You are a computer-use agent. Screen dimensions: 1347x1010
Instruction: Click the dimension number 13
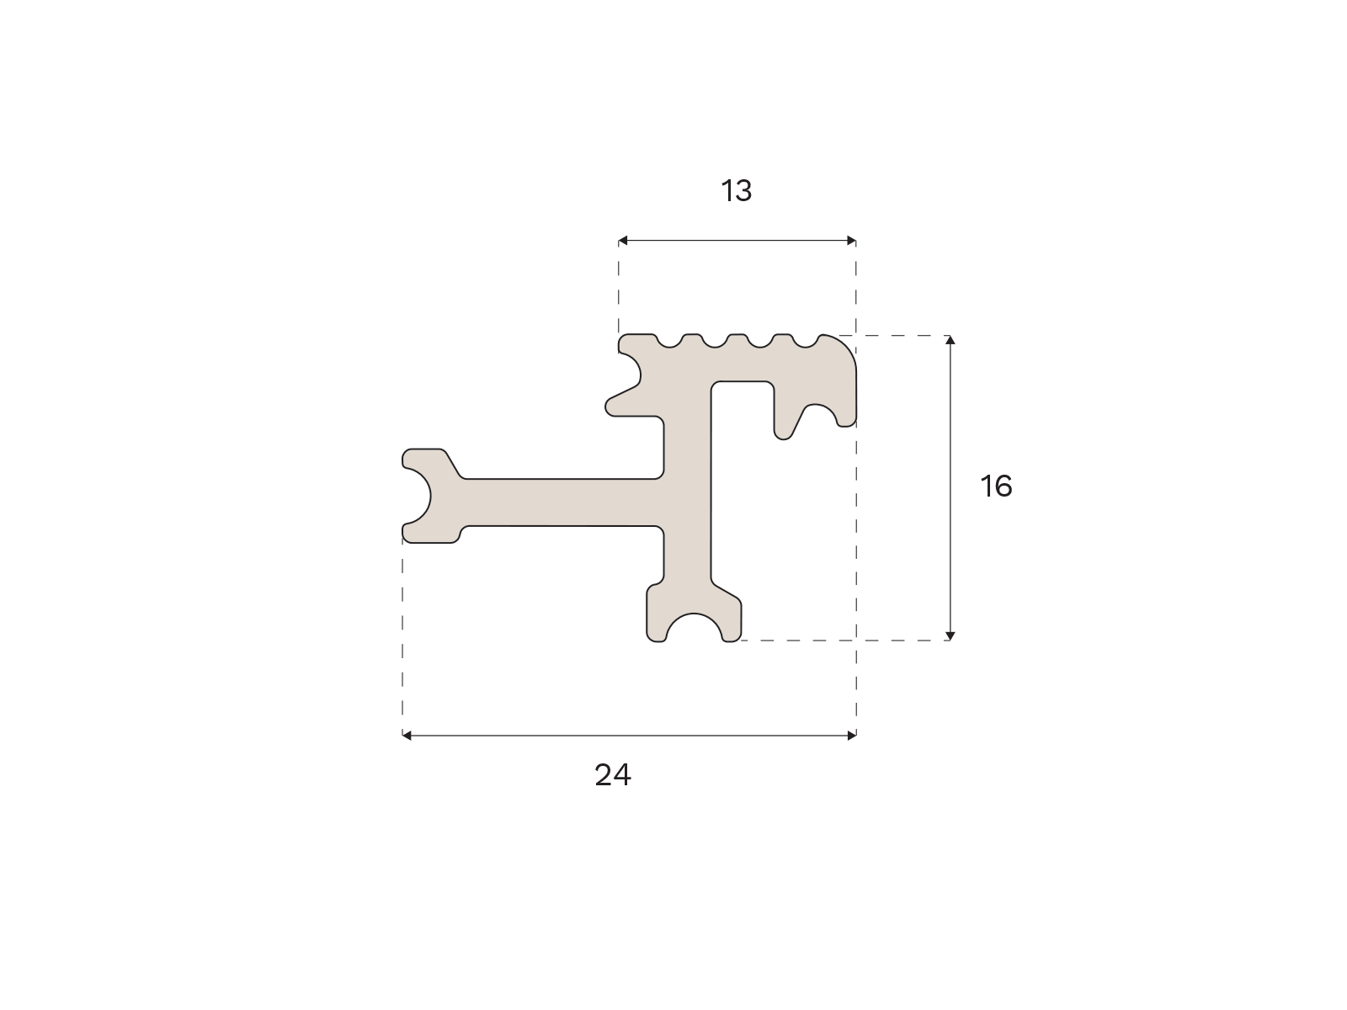tap(736, 191)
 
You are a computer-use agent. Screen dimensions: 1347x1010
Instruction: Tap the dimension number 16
tap(996, 486)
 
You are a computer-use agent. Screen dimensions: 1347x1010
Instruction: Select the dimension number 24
tap(612, 775)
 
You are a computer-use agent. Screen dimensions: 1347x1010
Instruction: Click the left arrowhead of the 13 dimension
tap(623, 241)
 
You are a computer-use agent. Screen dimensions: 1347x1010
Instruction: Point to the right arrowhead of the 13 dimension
tap(851, 241)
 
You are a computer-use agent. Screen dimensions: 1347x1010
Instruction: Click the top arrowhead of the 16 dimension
tap(950, 340)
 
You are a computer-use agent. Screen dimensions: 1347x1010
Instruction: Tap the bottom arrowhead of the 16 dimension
tap(950, 636)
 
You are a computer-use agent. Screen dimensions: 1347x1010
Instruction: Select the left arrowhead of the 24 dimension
tap(407, 736)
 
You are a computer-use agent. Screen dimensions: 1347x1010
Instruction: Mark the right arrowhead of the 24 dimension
tap(852, 736)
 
